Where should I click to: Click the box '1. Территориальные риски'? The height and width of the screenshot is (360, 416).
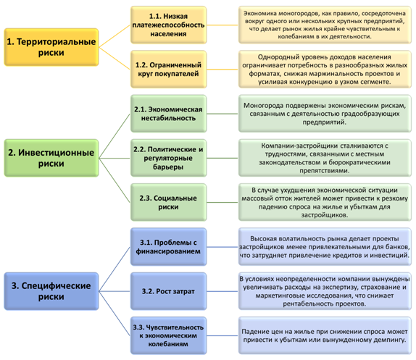pyautogui.click(x=51, y=47)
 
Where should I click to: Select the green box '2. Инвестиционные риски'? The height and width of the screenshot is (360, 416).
pyautogui.click(x=51, y=158)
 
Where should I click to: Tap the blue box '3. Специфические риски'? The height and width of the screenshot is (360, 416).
pyautogui.click(x=51, y=291)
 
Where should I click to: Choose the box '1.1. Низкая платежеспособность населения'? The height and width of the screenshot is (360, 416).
pyautogui.click(x=168, y=25)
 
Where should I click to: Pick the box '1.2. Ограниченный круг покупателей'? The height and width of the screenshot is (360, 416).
pyautogui.click(x=168, y=70)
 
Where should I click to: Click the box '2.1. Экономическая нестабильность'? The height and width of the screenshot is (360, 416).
pyautogui.click(x=168, y=114)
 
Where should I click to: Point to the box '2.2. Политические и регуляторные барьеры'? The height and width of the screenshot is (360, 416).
pyautogui.click(x=168, y=158)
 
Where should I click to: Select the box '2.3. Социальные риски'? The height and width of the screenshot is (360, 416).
pyautogui.click(x=168, y=202)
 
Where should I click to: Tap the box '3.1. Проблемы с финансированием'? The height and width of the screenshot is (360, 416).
pyautogui.click(x=168, y=247)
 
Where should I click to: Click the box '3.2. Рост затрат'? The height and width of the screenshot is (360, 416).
pyautogui.click(x=168, y=291)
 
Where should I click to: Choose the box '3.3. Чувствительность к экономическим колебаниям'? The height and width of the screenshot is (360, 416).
pyautogui.click(x=168, y=335)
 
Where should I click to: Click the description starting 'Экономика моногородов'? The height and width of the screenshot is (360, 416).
pyautogui.click(x=325, y=25)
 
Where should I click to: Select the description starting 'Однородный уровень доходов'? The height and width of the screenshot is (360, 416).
pyautogui.click(x=325, y=70)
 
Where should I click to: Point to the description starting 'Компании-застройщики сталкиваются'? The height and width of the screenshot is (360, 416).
pyautogui.click(x=325, y=158)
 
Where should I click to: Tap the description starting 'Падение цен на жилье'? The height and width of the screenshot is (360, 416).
pyautogui.click(x=325, y=335)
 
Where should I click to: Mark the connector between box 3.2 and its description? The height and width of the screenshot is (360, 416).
pyautogui.click(x=222, y=291)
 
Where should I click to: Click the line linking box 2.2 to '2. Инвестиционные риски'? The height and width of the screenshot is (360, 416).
pyautogui.click(x=115, y=158)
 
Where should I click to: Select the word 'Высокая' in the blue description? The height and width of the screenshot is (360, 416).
pyautogui.click(x=262, y=238)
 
